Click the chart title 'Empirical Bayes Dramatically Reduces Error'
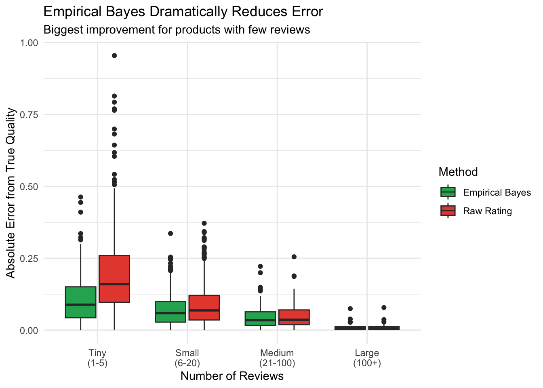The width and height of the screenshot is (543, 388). [x=183, y=12]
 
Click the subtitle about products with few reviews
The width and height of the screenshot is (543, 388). [x=177, y=30]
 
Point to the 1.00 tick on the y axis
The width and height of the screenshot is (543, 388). [x=29, y=43]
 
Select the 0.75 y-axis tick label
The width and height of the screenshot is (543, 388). [x=29, y=115]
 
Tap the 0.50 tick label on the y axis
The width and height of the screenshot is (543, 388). [x=29, y=187]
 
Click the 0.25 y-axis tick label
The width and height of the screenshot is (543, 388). [x=29, y=259]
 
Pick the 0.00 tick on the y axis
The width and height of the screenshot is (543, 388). [x=29, y=331]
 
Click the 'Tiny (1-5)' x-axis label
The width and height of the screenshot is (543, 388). [x=97, y=358]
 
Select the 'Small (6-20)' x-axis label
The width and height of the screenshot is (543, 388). [x=187, y=358]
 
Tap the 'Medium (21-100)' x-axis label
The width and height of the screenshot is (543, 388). [x=277, y=358]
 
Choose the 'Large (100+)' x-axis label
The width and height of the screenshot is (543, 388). [x=367, y=358]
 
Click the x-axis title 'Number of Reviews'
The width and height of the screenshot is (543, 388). [x=232, y=376]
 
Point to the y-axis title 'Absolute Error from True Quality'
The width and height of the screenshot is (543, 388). [x=11, y=193]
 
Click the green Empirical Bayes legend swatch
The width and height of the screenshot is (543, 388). [x=448, y=192]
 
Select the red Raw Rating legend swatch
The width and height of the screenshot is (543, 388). [x=448, y=211]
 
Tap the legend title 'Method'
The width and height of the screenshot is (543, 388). [x=458, y=172]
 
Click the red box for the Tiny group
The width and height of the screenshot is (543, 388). [x=114, y=279]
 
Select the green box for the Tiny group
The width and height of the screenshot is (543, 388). [x=81, y=302]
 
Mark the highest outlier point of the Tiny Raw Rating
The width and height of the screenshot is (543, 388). [x=114, y=56]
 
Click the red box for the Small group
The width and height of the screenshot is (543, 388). [x=204, y=308]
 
